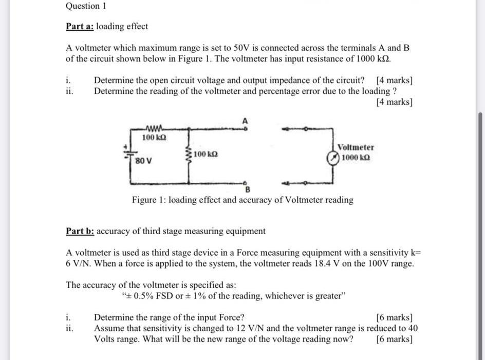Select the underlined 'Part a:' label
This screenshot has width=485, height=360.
[x=80, y=26]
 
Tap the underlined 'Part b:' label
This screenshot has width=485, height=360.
[x=80, y=231]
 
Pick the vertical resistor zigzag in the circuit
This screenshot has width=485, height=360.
[x=191, y=155]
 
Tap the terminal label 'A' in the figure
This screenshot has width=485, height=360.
[x=245, y=120]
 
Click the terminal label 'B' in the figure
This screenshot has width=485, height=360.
[x=247, y=190]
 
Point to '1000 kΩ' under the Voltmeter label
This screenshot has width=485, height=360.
[x=356, y=158]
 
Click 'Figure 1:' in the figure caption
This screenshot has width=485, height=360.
[x=148, y=200]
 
